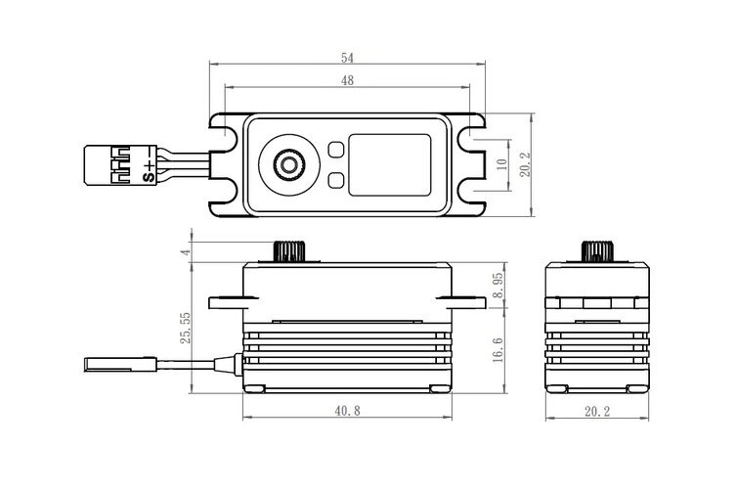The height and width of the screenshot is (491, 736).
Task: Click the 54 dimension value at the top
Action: (x=347, y=58)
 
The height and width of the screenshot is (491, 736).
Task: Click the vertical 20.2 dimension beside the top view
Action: (x=525, y=163)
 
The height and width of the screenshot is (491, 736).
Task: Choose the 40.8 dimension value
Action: (x=347, y=412)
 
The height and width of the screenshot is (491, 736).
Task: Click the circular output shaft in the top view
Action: (x=289, y=163)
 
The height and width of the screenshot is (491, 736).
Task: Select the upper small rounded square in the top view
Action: (x=335, y=149)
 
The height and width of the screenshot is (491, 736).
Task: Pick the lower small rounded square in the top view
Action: (x=335, y=180)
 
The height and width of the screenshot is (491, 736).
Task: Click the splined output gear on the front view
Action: (x=289, y=250)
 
